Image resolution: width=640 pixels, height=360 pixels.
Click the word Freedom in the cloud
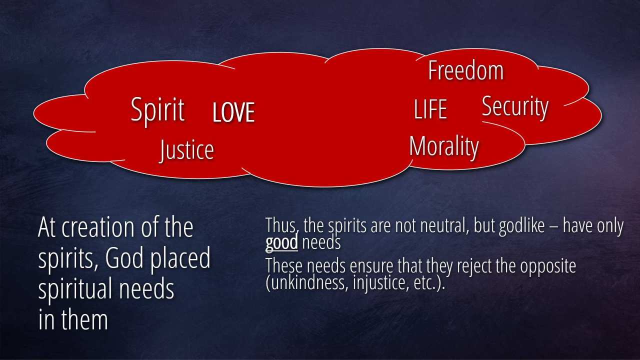(466, 70)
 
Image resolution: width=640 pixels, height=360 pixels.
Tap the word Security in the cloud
(515, 107)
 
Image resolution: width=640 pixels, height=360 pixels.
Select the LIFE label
(430, 109)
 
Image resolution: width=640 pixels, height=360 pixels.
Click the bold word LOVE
(233, 112)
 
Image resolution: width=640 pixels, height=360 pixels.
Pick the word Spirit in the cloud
(157, 111)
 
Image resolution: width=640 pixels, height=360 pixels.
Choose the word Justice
(186, 150)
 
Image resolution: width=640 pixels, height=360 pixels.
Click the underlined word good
(281, 243)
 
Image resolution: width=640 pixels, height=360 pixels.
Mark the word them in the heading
(84, 319)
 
